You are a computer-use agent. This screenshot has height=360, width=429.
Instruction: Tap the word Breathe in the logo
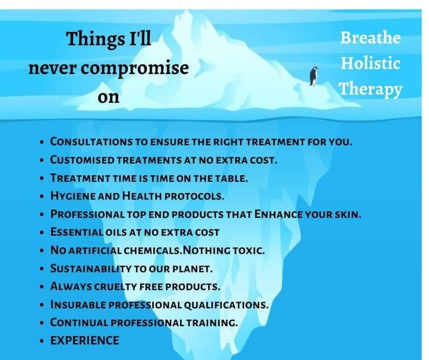tap(371, 37)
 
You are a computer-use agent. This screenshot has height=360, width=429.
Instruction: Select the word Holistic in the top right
tap(371, 63)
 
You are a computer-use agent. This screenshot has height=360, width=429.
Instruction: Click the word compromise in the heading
tap(135, 69)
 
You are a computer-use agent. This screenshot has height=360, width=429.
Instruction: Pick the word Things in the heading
tap(95, 39)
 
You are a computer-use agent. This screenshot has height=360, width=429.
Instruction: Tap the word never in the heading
tap(52, 69)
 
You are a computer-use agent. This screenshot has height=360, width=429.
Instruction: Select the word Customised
tap(82, 160)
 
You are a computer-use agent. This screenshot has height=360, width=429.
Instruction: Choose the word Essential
tap(77, 232)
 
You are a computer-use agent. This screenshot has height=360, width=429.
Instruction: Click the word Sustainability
tap(91, 269)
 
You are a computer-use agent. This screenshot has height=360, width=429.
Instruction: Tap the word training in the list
tap(212, 323)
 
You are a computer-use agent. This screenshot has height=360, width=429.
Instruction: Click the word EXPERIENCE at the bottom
tap(85, 340)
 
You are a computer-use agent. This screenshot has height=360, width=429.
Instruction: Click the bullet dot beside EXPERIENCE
tap(42, 341)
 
